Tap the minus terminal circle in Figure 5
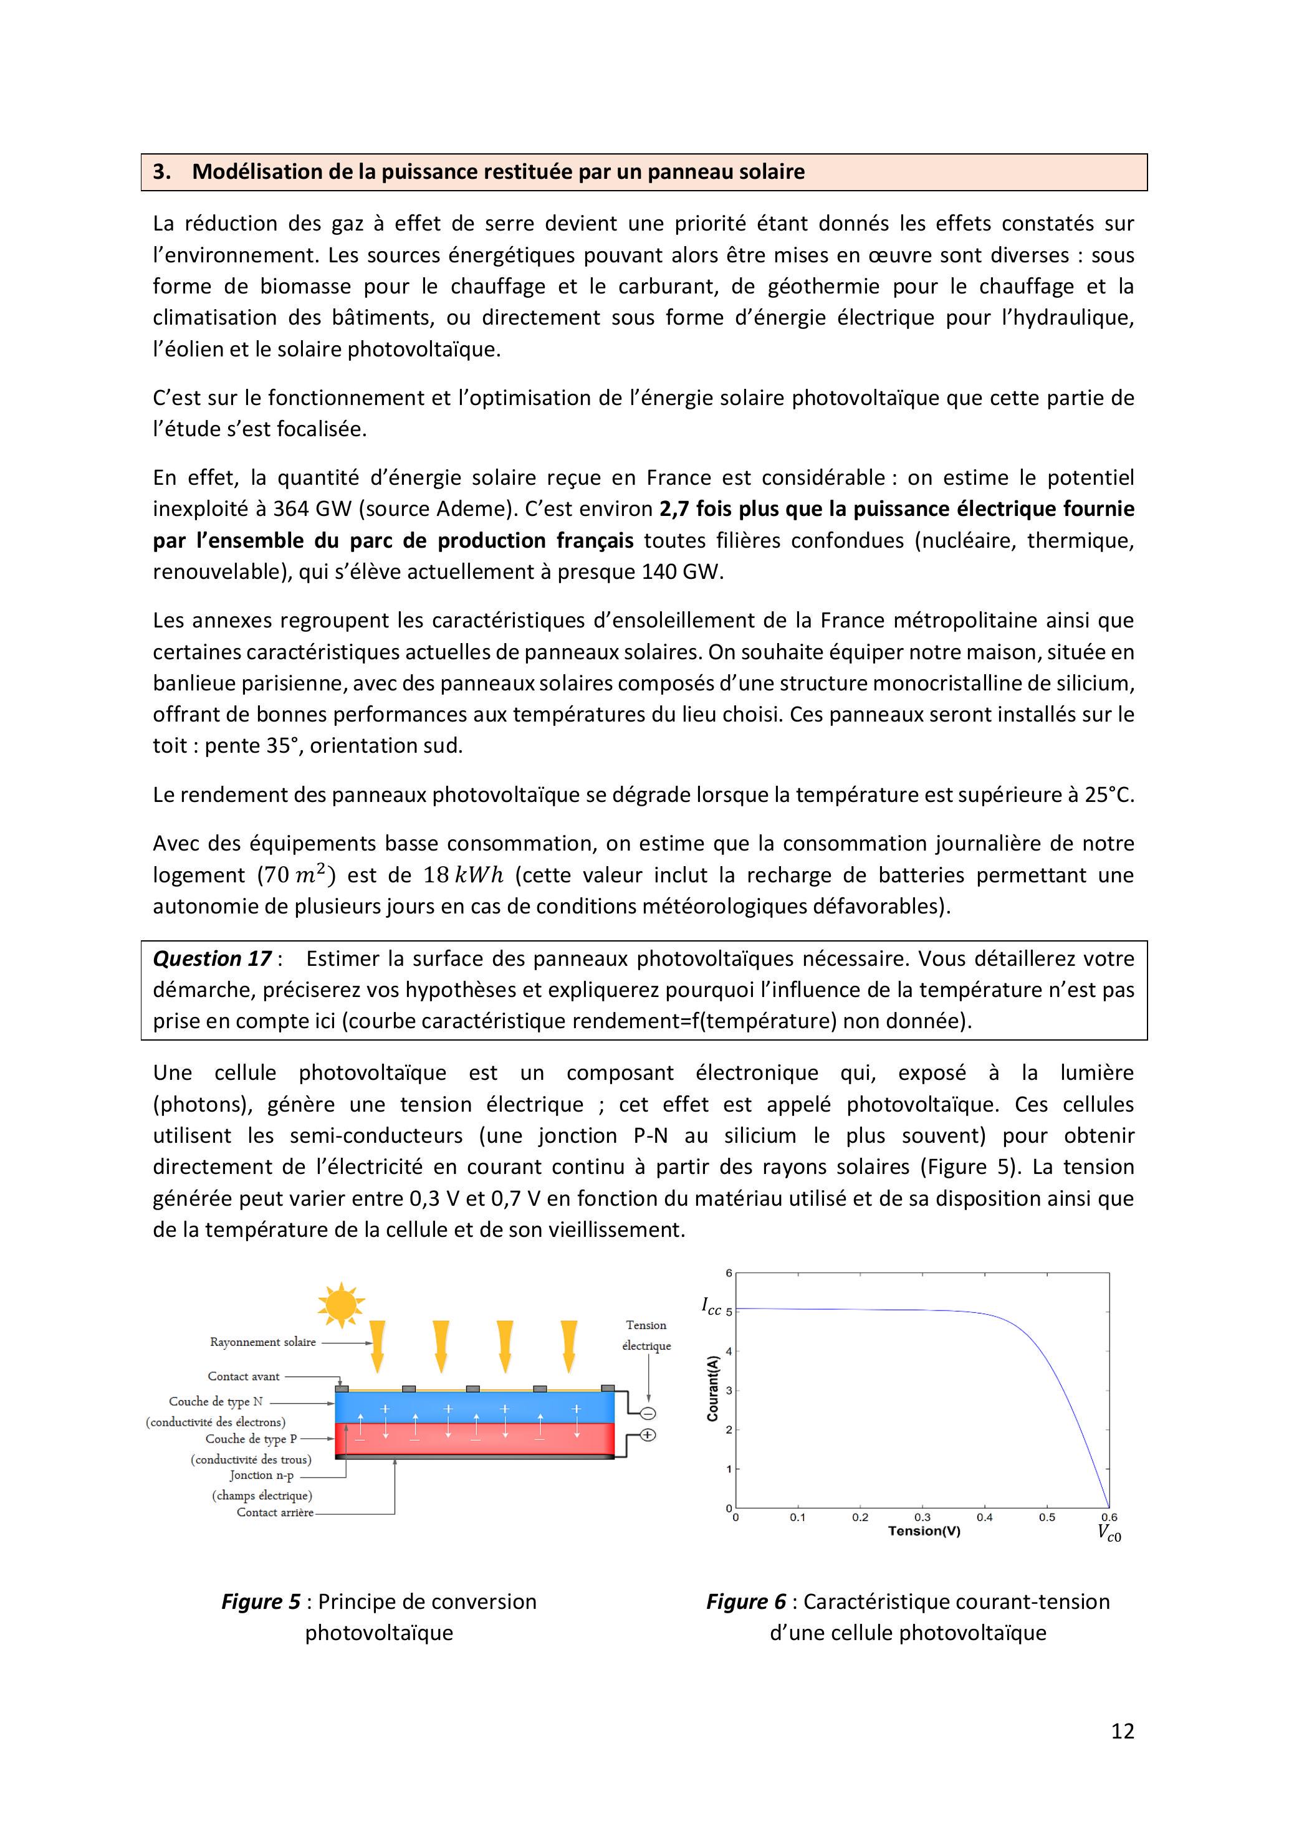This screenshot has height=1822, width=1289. tap(648, 1413)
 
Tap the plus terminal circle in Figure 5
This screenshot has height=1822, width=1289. tap(648, 1435)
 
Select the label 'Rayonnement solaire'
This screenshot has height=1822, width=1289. tap(262, 1342)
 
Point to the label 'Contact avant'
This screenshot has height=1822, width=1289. tap(244, 1376)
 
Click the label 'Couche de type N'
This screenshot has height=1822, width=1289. tap(215, 1401)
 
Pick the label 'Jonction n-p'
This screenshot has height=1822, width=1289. tap(262, 1475)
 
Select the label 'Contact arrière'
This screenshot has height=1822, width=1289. tap(275, 1512)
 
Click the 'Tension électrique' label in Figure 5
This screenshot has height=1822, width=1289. tap(646, 1335)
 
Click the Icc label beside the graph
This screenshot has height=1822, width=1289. tap(711, 1305)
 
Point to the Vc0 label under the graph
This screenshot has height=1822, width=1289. tap(1109, 1532)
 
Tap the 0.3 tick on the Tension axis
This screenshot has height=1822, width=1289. tap(922, 1517)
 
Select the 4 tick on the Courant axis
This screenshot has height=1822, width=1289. tap(729, 1352)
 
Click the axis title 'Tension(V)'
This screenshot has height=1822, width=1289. tap(924, 1531)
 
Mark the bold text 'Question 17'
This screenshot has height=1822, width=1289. tap(212, 958)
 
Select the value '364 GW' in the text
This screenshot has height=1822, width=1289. tap(310, 508)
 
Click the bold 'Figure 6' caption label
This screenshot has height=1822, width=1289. tap(745, 1601)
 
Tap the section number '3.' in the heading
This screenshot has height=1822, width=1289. tap(162, 172)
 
